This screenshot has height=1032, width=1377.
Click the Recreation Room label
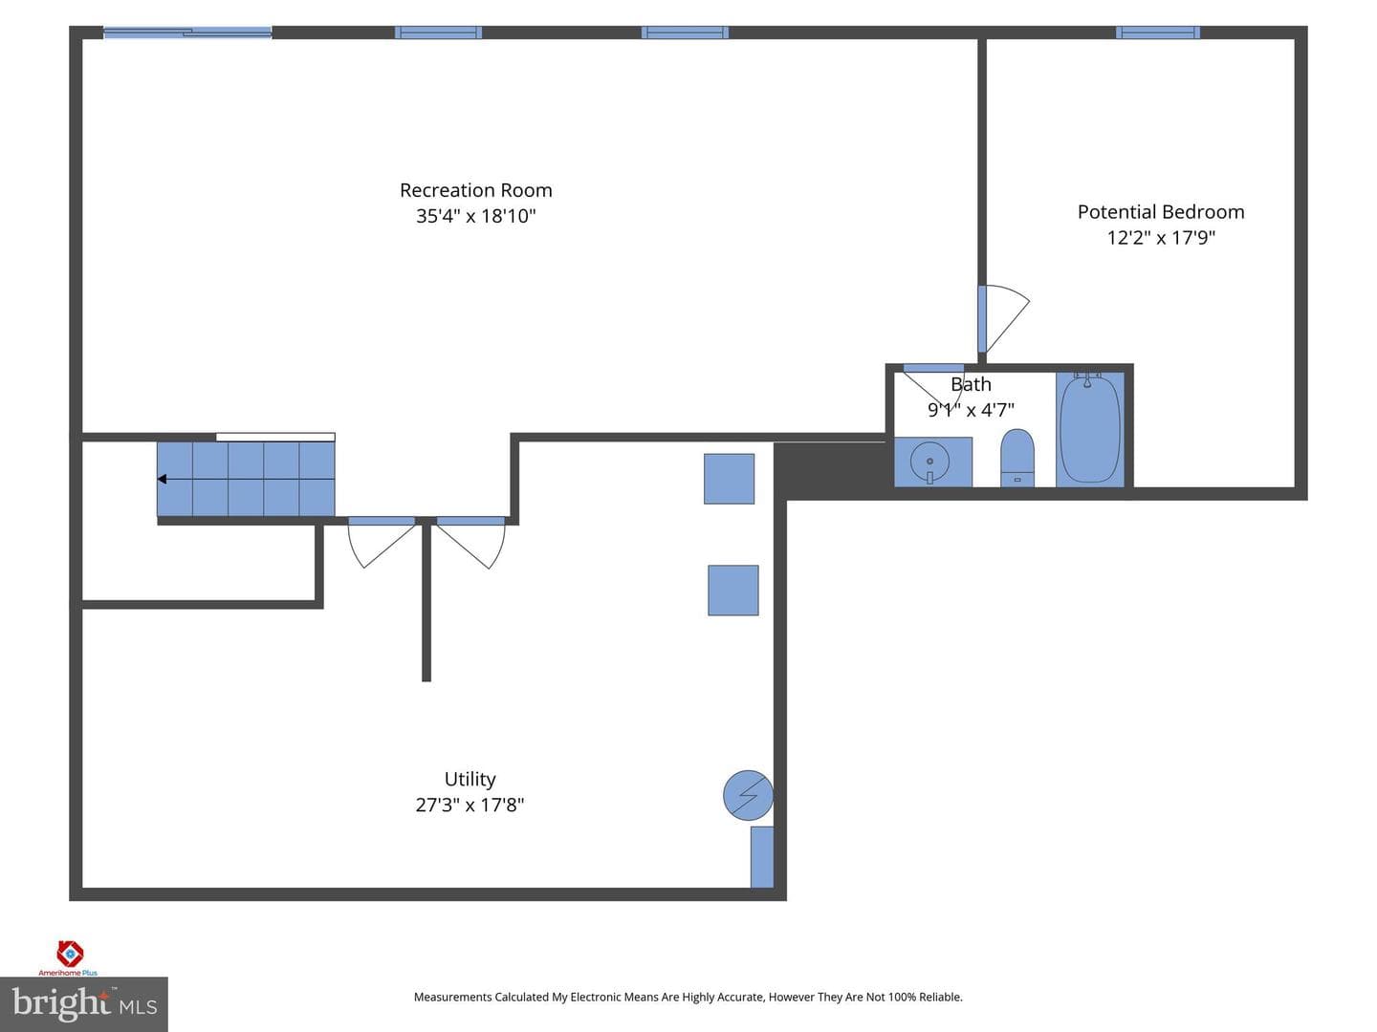coord(475,190)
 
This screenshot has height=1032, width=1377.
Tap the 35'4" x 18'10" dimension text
coord(475,216)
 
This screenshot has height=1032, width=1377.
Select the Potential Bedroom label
coord(1161,212)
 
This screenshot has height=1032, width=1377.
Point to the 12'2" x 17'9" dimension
coord(1161,238)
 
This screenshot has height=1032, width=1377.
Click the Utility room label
coord(470,779)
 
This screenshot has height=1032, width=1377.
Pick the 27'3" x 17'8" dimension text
coord(470,805)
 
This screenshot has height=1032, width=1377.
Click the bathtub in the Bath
coord(1090,429)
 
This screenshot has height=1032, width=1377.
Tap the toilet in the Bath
coord(1016,458)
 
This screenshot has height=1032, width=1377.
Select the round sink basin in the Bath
coord(929,462)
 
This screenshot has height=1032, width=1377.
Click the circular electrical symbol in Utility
coord(748,795)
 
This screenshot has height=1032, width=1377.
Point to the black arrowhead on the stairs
coord(162,479)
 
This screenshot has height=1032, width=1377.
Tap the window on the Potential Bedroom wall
coord(1157,32)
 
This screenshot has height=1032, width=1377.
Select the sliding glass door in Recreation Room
coord(186,32)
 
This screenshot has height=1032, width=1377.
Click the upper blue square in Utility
coord(729,479)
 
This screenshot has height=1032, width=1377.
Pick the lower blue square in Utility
coord(733,591)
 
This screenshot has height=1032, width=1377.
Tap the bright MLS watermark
coord(84,1003)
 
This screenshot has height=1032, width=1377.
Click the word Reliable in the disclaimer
coord(940,997)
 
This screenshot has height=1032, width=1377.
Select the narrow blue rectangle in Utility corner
coord(762,857)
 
